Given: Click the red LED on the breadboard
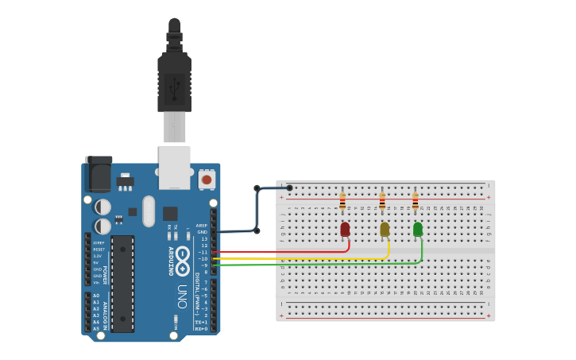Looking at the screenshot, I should [345, 229].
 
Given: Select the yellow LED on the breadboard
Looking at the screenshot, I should [385, 229].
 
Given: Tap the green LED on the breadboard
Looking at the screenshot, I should [418, 229].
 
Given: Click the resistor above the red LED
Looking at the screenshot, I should [342, 203].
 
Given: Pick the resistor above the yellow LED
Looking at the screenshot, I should [382, 203].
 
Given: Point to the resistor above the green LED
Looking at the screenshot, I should [415, 203].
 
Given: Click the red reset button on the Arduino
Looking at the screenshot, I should [207, 180].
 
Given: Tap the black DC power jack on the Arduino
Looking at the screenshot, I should [99, 173].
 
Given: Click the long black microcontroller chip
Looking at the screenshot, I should [122, 283].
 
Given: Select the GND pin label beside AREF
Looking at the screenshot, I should [202, 232].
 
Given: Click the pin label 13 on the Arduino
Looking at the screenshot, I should [203, 238].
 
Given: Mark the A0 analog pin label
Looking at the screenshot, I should [96, 296].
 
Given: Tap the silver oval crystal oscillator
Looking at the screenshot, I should [149, 211].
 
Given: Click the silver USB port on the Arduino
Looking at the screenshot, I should [174, 166].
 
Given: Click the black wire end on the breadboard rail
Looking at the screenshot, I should [289, 188].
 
